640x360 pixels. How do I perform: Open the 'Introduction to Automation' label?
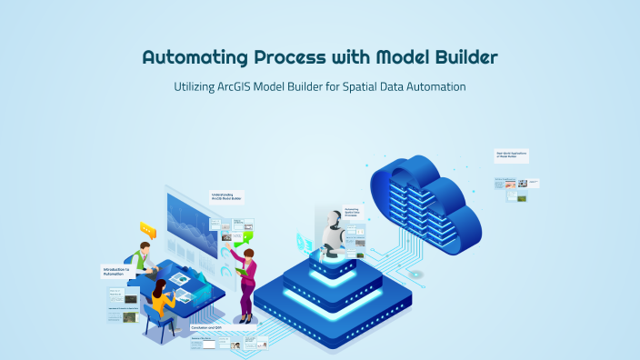tap(115, 271)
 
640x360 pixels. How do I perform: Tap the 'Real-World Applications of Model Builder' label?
tap(511, 155)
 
